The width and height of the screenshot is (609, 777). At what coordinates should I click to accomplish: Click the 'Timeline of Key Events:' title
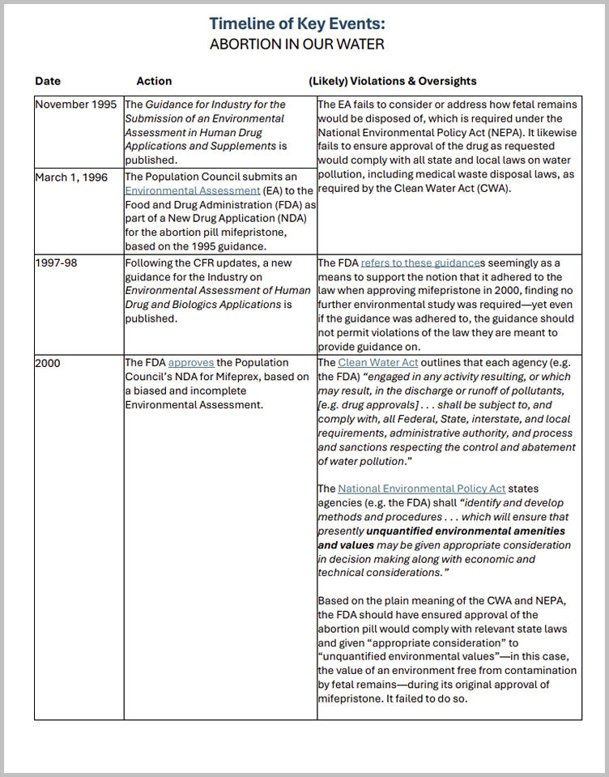pos(296,23)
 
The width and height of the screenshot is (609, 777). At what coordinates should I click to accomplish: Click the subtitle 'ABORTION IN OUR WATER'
pos(296,44)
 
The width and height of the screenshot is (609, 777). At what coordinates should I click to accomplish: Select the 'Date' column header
pos(48,81)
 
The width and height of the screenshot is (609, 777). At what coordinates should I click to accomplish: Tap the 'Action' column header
pos(154,81)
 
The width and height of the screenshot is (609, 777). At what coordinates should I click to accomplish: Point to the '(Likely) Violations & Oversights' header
pos(393,81)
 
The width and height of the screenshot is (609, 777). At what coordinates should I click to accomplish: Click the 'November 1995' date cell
pos(75,105)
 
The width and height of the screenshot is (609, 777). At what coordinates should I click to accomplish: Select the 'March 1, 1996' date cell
pos(71,177)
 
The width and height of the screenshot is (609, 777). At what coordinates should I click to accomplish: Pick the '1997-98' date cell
pos(56,263)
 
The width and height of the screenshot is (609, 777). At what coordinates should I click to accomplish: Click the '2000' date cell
pos(48,363)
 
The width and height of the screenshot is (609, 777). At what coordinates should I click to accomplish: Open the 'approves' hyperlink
pos(191,363)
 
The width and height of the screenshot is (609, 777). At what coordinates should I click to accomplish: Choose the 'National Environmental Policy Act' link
pos(421,489)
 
